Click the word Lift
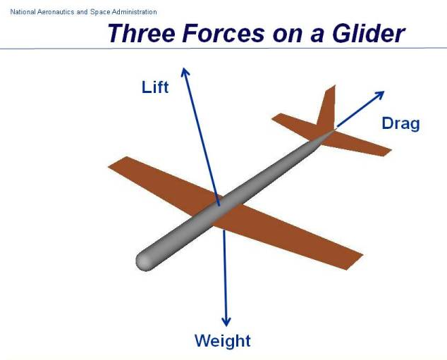(x=155, y=87)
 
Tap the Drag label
(x=400, y=123)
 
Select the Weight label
(x=222, y=341)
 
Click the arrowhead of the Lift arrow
(x=185, y=71)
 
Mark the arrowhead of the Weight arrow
(x=226, y=321)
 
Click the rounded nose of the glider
(x=144, y=261)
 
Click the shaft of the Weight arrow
(x=225, y=275)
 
